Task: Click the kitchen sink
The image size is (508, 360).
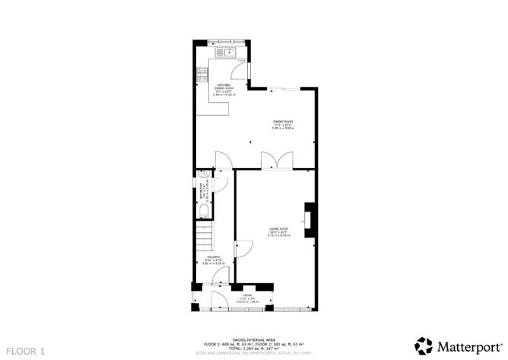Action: click(x=228, y=53)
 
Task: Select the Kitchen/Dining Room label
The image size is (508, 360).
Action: click(x=224, y=89)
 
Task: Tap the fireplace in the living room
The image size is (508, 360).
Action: click(x=308, y=218)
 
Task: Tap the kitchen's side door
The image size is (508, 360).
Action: click(x=245, y=69)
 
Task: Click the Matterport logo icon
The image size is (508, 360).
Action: click(x=422, y=344)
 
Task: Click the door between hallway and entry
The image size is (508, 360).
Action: click(x=219, y=276)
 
